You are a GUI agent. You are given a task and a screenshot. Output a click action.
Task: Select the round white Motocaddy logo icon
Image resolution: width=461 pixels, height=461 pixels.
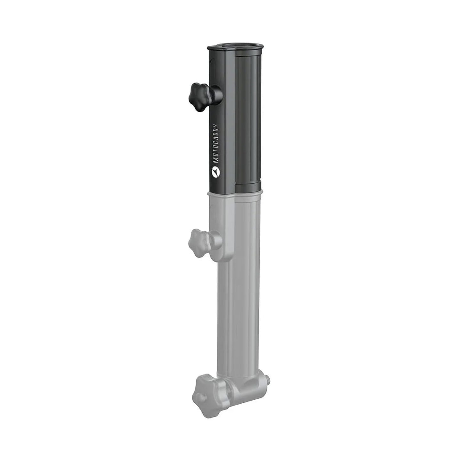[216, 172]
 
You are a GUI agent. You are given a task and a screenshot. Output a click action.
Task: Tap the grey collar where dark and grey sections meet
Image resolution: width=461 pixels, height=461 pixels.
[235, 193]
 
